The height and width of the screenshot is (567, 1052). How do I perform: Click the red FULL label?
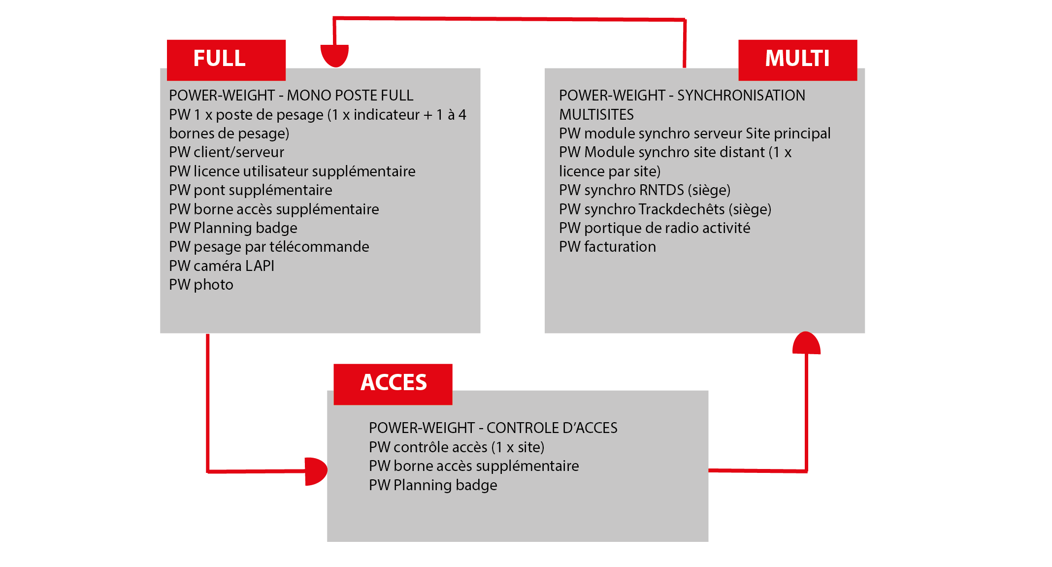click(x=226, y=59)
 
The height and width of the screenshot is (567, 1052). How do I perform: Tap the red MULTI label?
click(x=797, y=59)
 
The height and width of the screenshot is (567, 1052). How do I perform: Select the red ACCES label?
click(x=393, y=383)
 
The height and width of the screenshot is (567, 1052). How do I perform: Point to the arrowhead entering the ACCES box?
click(x=315, y=471)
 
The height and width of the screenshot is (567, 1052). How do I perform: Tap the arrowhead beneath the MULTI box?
click(x=806, y=343)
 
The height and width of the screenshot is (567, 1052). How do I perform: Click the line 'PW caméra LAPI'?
click(x=222, y=266)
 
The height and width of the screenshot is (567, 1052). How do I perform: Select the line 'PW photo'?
click(x=201, y=285)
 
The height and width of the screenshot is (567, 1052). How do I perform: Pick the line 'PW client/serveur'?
click(x=227, y=152)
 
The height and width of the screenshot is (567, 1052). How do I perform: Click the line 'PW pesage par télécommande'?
click(x=269, y=247)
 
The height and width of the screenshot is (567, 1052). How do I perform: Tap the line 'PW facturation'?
click(x=607, y=247)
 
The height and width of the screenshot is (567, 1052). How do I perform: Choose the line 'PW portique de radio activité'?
click(x=655, y=228)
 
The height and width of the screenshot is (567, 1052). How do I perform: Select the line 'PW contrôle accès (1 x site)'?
click(x=457, y=447)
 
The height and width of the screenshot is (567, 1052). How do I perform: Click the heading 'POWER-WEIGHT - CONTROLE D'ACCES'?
click(x=493, y=428)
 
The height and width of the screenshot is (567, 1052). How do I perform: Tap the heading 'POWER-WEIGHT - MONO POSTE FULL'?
click(x=291, y=96)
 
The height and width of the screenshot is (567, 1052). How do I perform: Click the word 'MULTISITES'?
click(x=596, y=115)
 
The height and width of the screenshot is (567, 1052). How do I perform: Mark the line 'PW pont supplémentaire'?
click(x=251, y=190)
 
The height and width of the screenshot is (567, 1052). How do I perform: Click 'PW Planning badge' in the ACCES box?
click(x=433, y=485)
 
